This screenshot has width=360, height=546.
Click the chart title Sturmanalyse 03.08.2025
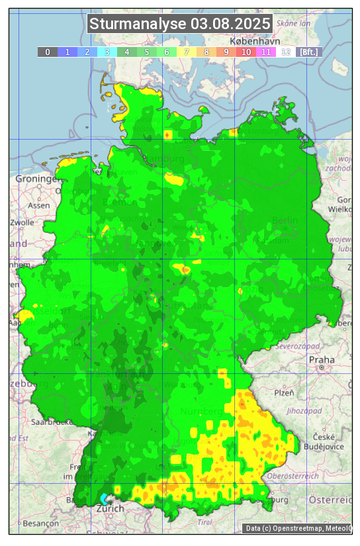point(180,24)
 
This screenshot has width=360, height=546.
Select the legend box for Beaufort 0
point(48,52)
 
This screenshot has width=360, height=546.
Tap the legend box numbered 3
point(107,52)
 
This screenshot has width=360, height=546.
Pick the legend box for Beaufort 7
point(187,52)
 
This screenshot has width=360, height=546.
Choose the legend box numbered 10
point(246,52)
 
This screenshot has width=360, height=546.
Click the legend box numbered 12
point(286,52)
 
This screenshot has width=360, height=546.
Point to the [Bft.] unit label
point(309,52)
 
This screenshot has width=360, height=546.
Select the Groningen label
point(37,179)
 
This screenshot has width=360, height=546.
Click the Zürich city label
point(110,509)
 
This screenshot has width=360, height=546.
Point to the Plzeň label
point(284,392)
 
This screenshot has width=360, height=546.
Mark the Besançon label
point(39,523)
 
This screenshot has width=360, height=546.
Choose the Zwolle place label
point(21,222)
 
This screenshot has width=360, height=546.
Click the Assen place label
point(39,205)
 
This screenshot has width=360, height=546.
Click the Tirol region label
point(204,522)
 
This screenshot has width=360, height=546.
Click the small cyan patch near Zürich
point(105,498)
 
